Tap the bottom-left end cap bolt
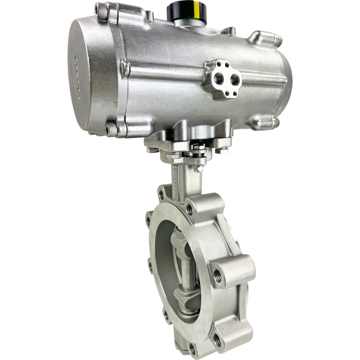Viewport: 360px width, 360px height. [x=110, y=129]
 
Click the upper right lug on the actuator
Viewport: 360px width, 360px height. [x=264, y=39]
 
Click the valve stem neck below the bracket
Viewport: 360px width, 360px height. [x=183, y=177]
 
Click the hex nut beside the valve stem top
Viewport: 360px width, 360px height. [x=197, y=168]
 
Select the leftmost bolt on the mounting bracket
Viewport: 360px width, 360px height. [x=150, y=150]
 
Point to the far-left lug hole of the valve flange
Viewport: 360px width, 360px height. [x=149, y=221]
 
